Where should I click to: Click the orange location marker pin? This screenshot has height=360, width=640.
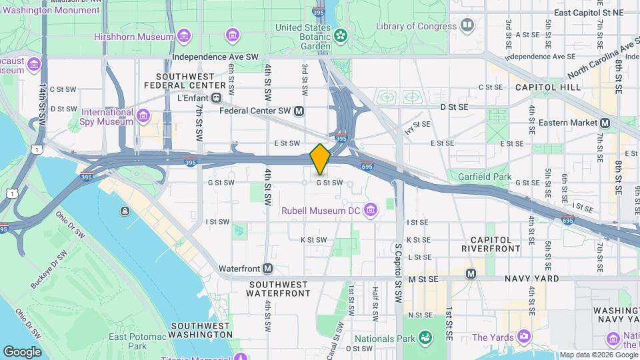coord(320,159)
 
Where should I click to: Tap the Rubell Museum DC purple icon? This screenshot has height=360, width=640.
coord(371,211)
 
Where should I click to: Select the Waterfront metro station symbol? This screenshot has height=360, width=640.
coord(267,269)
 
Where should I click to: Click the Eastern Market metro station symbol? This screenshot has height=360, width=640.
coord(605,123)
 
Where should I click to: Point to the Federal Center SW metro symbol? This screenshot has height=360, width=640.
coord(299,111)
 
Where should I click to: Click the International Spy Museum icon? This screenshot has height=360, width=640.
coord(143,117)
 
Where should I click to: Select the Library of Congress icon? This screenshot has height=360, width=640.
coord(468,26)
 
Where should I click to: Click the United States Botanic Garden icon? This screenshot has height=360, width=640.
coord(341,34)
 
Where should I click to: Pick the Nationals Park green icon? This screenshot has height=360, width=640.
coord(423,338)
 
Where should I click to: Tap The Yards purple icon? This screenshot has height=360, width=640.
coord(525,337)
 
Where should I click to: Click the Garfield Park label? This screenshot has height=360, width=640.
coord(484,177)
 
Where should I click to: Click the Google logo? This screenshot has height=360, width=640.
coord(22,351)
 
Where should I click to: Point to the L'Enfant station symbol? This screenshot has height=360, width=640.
coord(216,98)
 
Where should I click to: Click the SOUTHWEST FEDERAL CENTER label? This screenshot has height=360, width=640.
coord(190,81)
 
